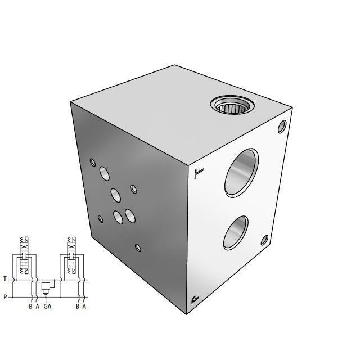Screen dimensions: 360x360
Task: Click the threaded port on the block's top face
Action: coord(230,106)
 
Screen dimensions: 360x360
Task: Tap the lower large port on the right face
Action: coord(235,232)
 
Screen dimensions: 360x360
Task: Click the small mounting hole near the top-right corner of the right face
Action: coord(282,127)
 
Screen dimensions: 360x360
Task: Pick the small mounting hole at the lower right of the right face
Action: coord(264,241)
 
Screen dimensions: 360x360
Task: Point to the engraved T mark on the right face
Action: coord(196,173)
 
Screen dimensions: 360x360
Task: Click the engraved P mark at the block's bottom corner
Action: coord(195,299)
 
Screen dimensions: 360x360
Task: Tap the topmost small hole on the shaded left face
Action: coord(93,163)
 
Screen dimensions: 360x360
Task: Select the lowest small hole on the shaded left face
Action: coord(138,247)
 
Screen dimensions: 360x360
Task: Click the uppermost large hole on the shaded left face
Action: coord(104,172)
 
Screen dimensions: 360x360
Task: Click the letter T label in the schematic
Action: coord(5,279)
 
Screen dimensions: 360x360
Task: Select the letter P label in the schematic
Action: coord(5,297)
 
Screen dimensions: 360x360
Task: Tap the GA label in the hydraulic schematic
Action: coord(48,307)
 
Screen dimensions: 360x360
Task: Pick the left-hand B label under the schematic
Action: coord(30,307)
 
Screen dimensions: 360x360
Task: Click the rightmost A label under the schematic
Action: coord(84,307)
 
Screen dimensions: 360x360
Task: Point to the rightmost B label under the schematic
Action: coord(78,307)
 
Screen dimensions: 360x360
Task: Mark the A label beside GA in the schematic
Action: coord(37,307)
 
